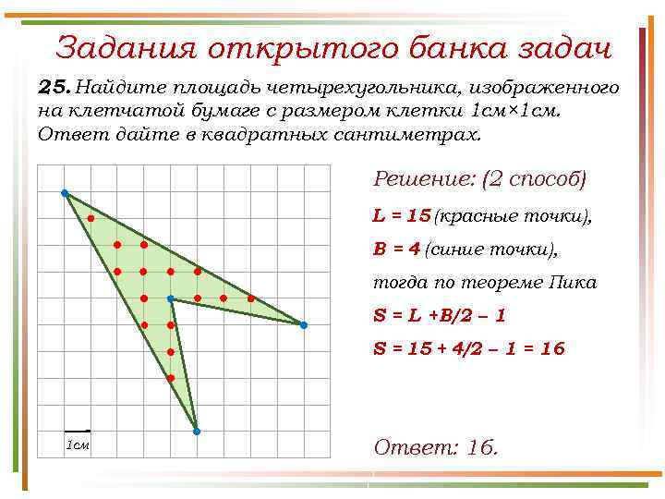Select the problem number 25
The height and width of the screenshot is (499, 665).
[x=54, y=87]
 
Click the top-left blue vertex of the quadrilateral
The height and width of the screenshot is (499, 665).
[x=65, y=193]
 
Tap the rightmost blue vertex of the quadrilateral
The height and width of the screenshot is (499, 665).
[x=303, y=325]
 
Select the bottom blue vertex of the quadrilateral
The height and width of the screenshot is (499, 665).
[x=197, y=431]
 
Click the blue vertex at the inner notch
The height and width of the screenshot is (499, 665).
[x=171, y=298]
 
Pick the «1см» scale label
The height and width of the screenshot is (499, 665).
[x=77, y=445]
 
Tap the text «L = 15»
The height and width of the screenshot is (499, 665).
[x=402, y=215]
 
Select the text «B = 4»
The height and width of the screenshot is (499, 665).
[x=397, y=249]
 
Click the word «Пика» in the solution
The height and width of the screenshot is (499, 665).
[x=574, y=282]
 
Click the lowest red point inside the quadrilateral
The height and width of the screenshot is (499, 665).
[x=171, y=379]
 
